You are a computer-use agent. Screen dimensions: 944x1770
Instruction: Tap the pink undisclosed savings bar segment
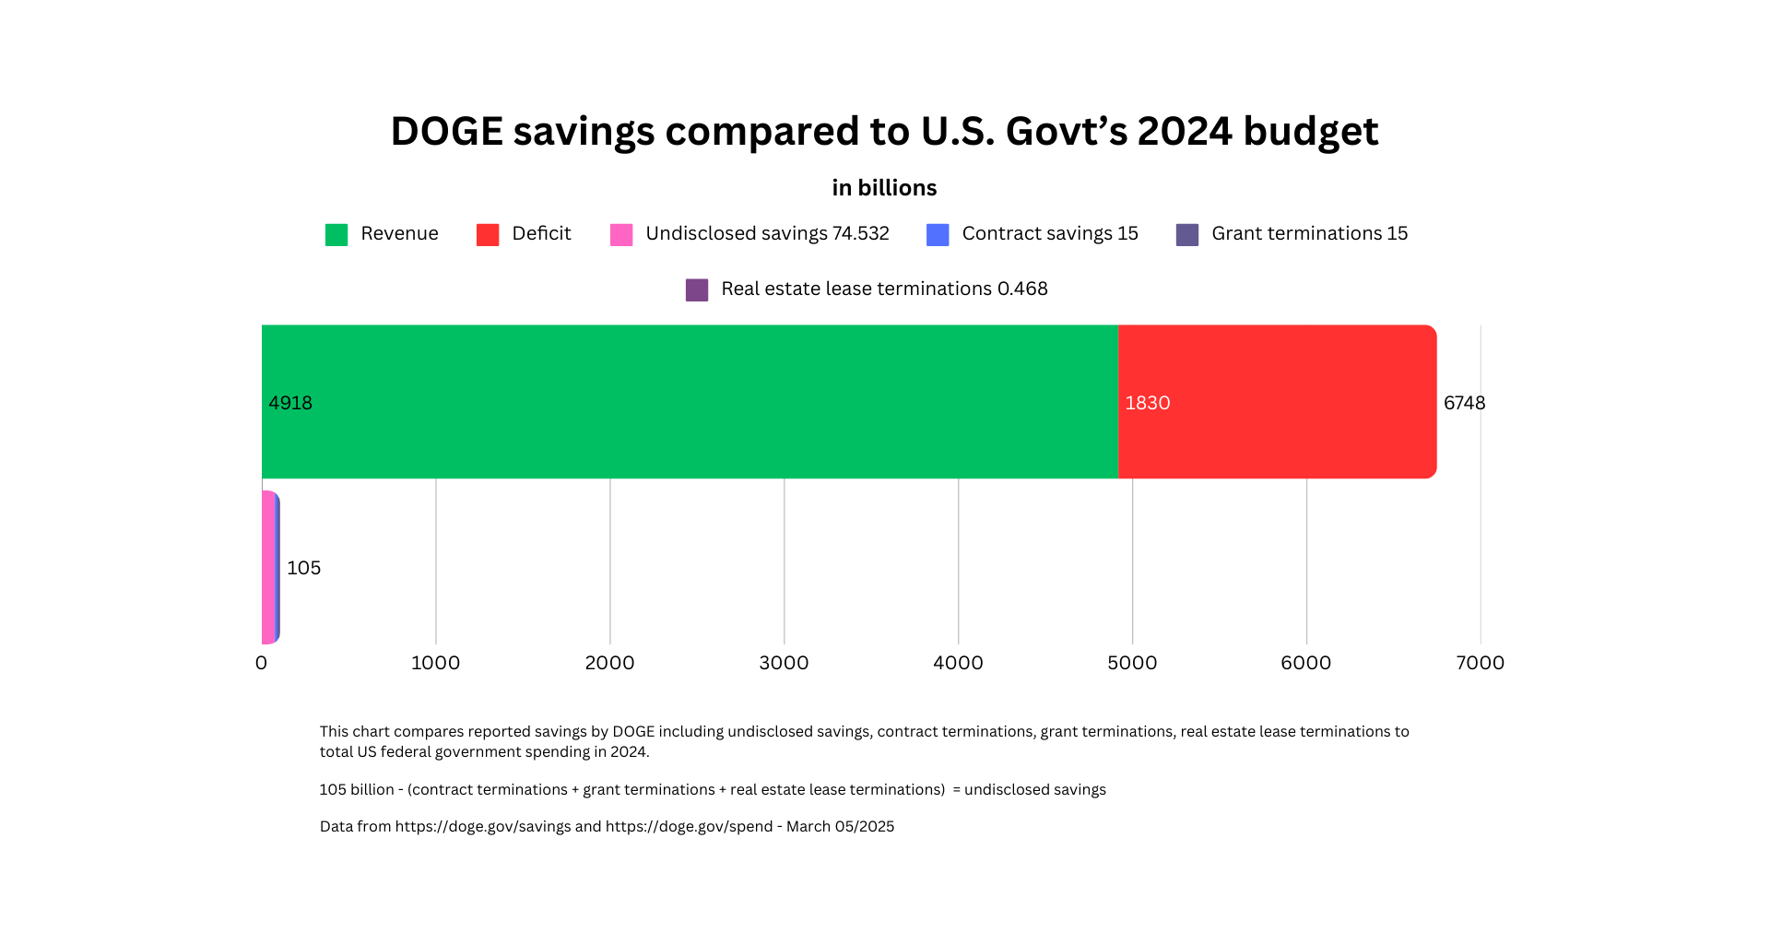(x=267, y=567)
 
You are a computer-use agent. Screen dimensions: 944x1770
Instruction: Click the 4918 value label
(x=290, y=403)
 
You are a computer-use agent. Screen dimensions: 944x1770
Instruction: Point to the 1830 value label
(x=1148, y=403)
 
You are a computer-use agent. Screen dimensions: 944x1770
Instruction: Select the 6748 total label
(x=1464, y=403)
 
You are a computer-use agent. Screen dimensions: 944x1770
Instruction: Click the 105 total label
(x=303, y=568)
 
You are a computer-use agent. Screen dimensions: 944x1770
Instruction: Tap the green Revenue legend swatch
(x=336, y=234)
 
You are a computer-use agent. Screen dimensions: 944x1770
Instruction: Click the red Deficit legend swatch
(x=488, y=234)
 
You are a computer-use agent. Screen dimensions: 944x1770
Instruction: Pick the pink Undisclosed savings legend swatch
(x=621, y=234)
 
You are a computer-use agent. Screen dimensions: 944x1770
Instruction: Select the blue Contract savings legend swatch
(x=938, y=234)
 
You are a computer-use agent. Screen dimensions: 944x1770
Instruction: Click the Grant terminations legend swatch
(x=1187, y=234)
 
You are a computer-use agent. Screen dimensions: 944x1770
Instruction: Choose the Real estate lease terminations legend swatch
(x=697, y=289)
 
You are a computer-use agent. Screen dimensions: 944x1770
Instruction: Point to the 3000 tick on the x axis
(x=784, y=663)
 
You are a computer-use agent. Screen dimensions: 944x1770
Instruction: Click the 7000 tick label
(x=1480, y=663)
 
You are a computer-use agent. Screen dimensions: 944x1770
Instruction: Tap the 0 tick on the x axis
(x=261, y=663)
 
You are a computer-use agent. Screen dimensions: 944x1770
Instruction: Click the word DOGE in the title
(x=446, y=131)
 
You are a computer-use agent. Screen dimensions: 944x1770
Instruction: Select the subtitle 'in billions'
(x=884, y=188)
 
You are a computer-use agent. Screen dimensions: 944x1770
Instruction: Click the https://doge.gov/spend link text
(x=689, y=826)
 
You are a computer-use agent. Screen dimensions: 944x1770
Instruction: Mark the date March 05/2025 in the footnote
(x=840, y=826)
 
